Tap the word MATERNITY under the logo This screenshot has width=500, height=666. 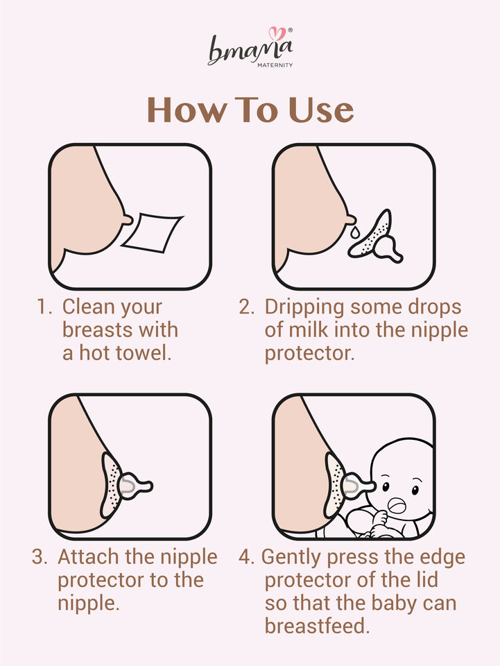[275, 65]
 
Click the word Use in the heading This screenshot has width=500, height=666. [320, 110]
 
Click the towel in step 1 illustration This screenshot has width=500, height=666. [152, 233]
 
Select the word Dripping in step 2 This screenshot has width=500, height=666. [304, 307]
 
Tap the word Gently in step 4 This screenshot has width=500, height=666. [291, 558]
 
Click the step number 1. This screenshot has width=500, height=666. [44, 307]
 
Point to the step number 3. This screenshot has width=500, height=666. [40, 557]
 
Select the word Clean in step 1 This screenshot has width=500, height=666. [88, 307]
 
